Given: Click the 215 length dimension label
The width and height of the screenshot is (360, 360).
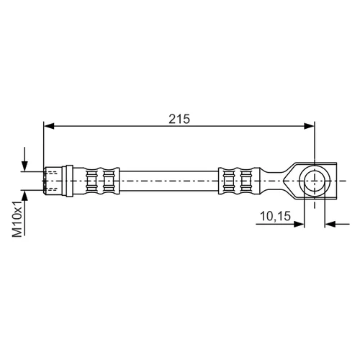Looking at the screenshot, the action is (179, 119).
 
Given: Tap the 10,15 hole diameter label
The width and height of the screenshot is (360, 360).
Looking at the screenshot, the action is (275, 216).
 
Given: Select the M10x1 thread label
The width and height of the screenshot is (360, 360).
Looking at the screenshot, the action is (17, 219).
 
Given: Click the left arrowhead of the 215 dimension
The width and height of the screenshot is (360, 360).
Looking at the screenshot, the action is (49, 126).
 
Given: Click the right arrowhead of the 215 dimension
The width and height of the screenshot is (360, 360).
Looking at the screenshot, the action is (309, 126).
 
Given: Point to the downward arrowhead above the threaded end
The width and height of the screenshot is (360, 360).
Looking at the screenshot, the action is (24, 166).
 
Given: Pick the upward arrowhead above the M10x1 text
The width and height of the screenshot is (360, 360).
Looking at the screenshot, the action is (24, 195).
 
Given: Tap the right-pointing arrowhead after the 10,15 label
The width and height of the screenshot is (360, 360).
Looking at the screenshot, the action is (299, 224).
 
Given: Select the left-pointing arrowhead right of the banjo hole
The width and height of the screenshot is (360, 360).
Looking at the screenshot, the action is (330, 224).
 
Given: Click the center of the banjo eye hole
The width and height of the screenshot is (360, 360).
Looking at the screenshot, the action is (315, 181).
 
